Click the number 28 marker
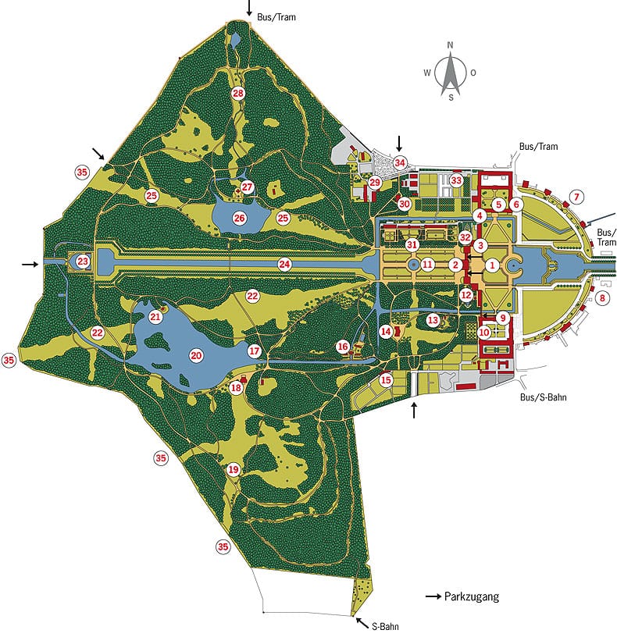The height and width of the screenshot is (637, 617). pos(238,94)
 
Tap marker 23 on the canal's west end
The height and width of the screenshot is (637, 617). pos(83,262)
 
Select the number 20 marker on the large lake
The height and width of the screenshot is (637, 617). pos(196,355)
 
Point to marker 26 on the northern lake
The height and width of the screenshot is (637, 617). pos(239,217)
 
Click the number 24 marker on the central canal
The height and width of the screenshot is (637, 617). pos(285,265)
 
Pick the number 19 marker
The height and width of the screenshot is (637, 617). pos(234,470)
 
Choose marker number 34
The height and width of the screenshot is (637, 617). pos(401,162)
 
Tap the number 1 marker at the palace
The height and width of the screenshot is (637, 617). pos(492,265)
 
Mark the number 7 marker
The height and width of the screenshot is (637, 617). pos(577,196)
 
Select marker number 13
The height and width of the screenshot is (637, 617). pos(433,319)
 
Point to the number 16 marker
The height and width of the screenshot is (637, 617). pos(343,346)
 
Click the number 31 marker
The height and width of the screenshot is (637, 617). pos(414,244)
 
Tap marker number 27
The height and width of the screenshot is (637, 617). pos(248,187)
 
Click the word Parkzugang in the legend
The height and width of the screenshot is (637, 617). pos(471,597)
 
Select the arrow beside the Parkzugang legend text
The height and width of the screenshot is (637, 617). pos(433,597)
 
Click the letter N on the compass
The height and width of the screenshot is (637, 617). pos(451,44)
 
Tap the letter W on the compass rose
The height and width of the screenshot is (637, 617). pos(427,73)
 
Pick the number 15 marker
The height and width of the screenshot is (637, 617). pos(386,380)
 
